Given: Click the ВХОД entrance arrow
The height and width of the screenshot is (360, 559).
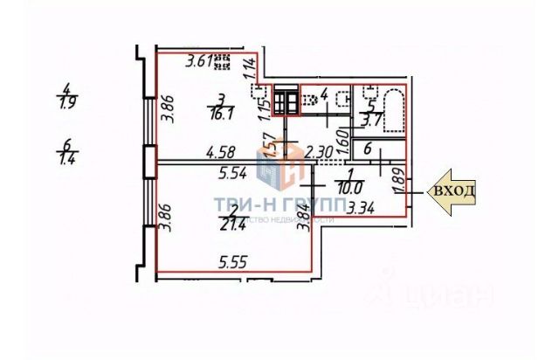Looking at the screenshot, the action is click(x=452, y=191).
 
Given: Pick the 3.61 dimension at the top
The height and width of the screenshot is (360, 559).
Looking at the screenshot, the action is click(x=200, y=60).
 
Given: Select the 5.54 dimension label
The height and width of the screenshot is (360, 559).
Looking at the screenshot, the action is click(x=231, y=174).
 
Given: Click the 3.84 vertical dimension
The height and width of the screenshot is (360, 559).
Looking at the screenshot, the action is click(x=304, y=215).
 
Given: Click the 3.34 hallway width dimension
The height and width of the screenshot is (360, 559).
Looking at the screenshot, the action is click(x=361, y=208).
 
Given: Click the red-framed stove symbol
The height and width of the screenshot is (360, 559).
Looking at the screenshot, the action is click(x=285, y=103).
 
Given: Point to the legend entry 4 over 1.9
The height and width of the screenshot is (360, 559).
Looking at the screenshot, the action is click(x=67, y=93).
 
